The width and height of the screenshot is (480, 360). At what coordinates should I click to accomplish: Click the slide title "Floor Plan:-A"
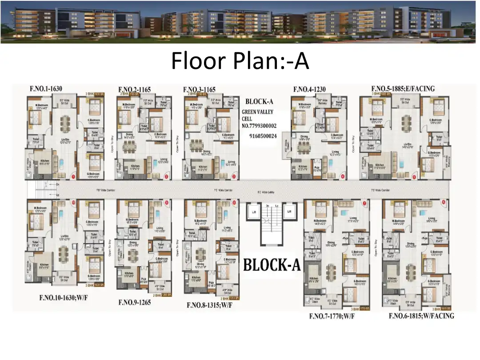[x=240, y=61]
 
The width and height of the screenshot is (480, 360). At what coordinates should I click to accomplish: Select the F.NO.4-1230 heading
[x=309, y=89]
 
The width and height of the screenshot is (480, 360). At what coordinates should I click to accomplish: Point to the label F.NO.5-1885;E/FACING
[x=403, y=89]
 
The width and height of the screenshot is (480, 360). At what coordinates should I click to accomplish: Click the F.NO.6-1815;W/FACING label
[x=421, y=316]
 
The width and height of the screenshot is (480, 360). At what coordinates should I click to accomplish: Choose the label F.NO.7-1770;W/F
[x=332, y=316]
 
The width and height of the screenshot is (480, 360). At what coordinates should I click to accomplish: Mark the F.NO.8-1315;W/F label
[x=209, y=305]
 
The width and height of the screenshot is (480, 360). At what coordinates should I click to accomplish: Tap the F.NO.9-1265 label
[x=135, y=302]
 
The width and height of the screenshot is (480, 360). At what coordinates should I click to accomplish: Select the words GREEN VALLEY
[x=257, y=112]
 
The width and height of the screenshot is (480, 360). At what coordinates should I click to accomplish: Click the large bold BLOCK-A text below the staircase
[x=272, y=266]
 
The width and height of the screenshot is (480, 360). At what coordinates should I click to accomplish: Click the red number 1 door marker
[x=73, y=176]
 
